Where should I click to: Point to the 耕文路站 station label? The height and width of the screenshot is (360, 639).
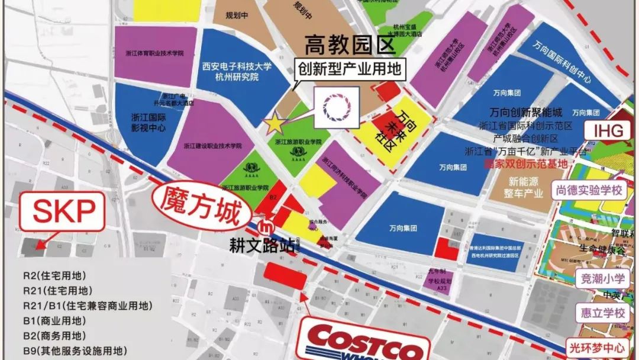point(263,246)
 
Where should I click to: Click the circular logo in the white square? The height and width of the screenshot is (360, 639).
point(337,107)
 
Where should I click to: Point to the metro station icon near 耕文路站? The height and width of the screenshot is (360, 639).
point(267,227)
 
